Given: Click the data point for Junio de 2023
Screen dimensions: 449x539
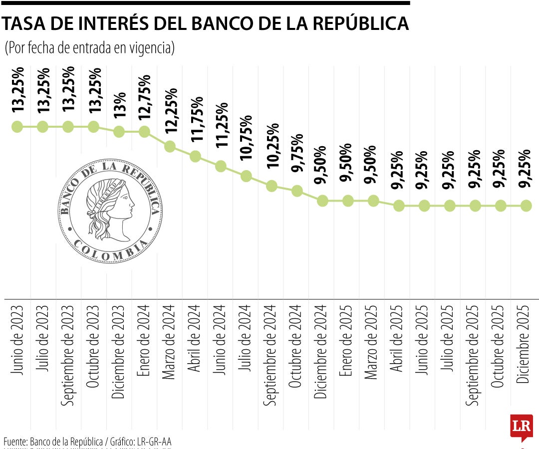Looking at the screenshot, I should (17, 127).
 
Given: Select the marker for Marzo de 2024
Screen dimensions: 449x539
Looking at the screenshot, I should (170, 146).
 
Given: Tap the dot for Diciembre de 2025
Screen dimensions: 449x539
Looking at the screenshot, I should (526, 205).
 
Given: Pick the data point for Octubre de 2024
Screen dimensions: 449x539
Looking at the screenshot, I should (297, 191).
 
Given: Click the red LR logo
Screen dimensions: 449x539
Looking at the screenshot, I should (522, 427).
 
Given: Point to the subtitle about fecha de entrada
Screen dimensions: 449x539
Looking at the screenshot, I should (89, 48).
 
